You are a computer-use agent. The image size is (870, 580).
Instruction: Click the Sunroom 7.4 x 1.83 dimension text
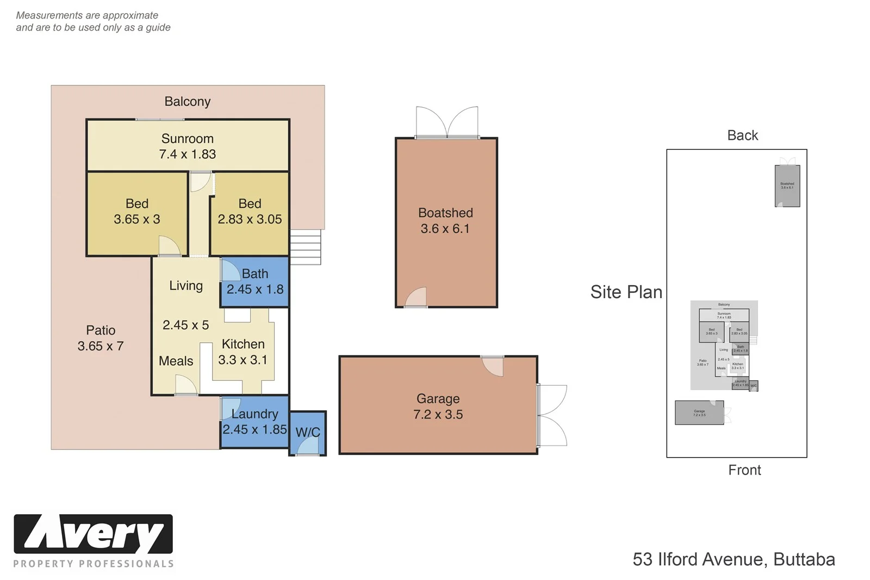click(187, 155)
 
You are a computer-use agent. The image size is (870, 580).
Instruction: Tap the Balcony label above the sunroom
click(187, 102)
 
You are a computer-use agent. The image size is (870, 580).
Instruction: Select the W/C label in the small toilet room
click(308, 433)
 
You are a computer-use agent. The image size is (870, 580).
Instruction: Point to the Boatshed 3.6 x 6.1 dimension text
click(445, 229)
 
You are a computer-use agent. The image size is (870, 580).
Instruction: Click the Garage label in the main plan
click(438, 399)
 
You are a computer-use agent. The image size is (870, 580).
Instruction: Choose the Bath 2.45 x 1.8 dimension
click(255, 289)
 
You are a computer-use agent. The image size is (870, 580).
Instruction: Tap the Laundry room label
click(254, 414)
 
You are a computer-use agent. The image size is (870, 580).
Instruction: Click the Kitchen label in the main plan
click(243, 344)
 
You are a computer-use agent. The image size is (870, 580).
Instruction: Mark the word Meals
click(176, 361)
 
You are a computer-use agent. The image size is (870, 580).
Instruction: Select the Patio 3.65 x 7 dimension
click(101, 346)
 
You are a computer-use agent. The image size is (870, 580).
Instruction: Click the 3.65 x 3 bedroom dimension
click(137, 219)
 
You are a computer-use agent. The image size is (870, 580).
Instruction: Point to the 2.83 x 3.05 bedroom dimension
click(250, 219)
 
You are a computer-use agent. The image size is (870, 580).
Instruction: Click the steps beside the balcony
click(305, 246)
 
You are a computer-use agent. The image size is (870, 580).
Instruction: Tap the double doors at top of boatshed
click(447, 122)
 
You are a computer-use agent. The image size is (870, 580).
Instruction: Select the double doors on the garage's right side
click(552, 415)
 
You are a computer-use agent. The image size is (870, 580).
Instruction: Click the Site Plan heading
click(626, 292)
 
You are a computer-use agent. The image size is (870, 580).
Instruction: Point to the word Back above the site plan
click(742, 135)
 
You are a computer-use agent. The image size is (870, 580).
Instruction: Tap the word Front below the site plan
click(744, 470)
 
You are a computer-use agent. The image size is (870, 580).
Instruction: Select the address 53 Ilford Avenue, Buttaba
click(734, 559)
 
